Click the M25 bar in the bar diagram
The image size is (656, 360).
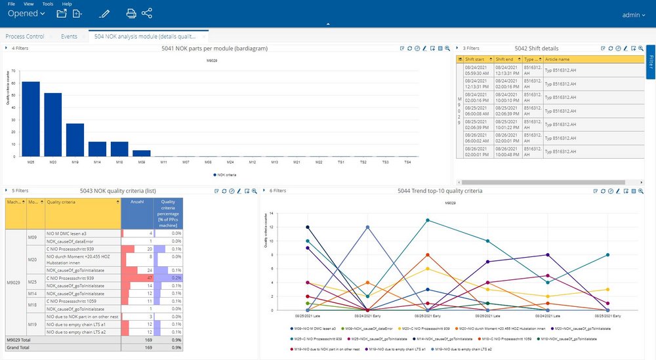point(31,119)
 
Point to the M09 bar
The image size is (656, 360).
point(142,153)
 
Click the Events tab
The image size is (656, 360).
point(69,37)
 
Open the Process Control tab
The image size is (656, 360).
point(25,37)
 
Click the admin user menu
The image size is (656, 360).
point(634,14)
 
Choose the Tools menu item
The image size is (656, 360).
point(47,4)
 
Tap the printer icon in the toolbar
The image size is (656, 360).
point(131,13)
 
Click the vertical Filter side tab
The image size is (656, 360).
point(651,62)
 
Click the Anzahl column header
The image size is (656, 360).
point(137,202)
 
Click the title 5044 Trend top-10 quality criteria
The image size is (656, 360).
point(440,191)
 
